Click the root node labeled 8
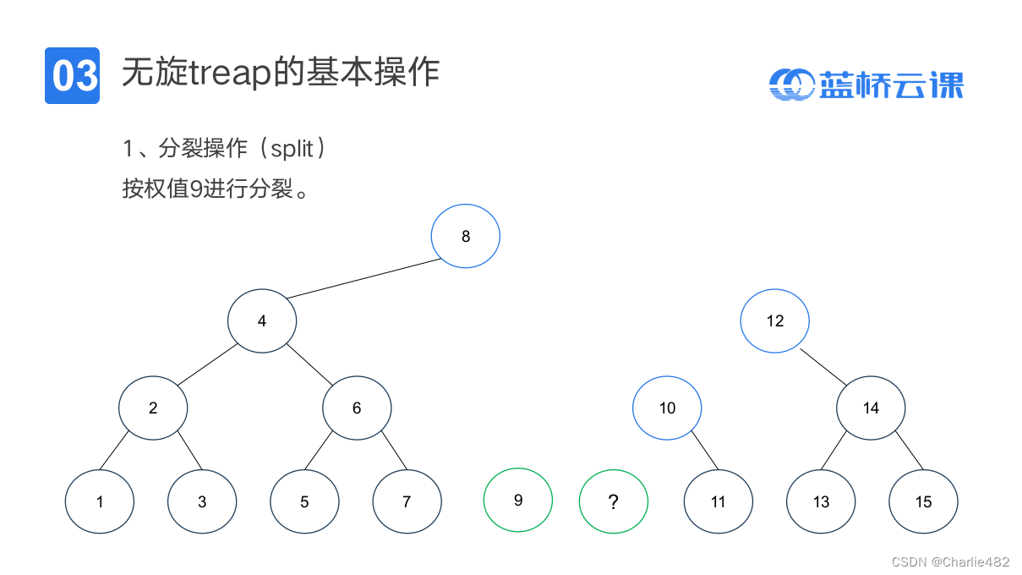coord(465,236)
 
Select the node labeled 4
coord(262,320)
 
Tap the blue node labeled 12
coord(774,320)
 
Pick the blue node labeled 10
coord(667,408)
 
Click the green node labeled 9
coord(517,500)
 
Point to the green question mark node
coord(613,501)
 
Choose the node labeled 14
coord(871,408)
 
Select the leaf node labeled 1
coord(100,501)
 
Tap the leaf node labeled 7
coord(407,501)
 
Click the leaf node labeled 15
coord(923,501)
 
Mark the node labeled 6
coord(357,408)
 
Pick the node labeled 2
coord(153,408)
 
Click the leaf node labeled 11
coord(718,501)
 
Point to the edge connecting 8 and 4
coord(364,278)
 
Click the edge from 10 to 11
coord(704,451)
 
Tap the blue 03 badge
coord(72,75)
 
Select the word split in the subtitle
coord(292,149)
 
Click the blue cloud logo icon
coord(791,84)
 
